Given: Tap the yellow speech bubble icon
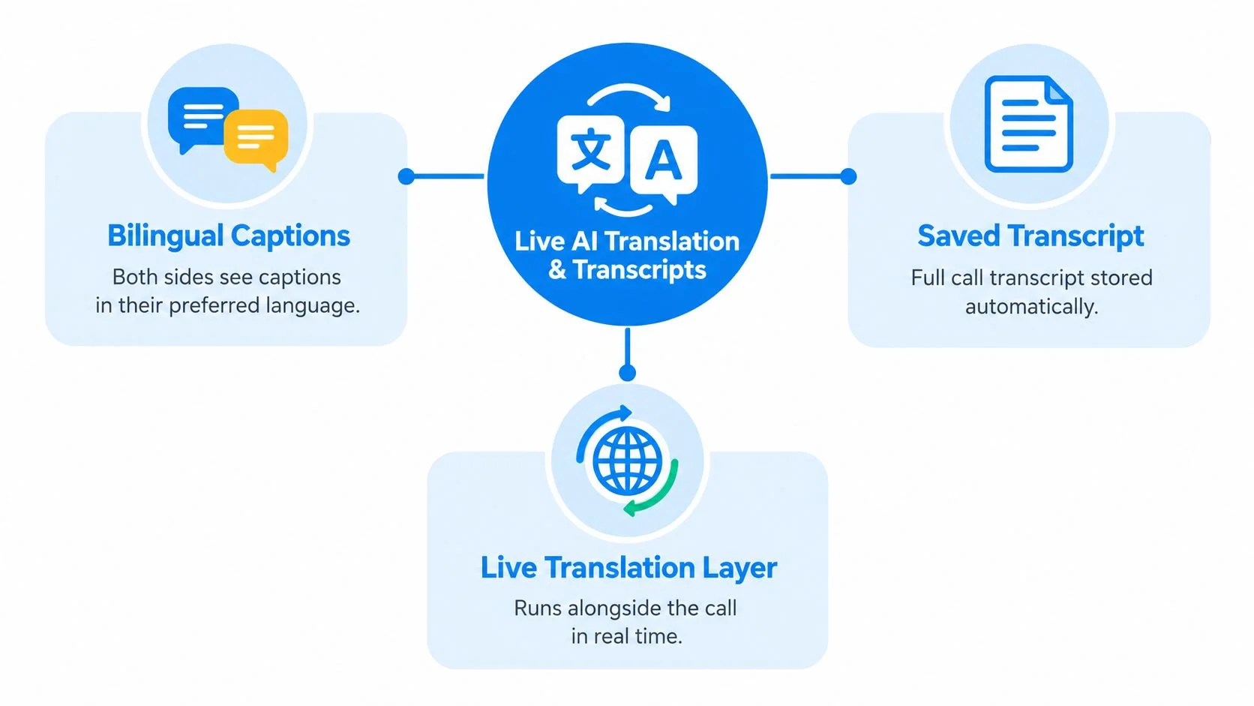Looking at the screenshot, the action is click(256, 138).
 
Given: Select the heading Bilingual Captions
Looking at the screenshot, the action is click(229, 236).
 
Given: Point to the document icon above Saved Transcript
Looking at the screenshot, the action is click(1029, 124).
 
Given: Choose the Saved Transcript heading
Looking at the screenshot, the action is click(1030, 236).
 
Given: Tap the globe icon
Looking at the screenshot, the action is click(627, 461).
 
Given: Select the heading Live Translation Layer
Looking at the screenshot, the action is click(628, 567).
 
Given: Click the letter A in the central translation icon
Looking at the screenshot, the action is click(664, 160).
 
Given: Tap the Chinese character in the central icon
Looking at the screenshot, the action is click(591, 149).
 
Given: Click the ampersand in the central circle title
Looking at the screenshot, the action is click(557, 270).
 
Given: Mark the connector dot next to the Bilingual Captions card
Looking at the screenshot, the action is click(406, 176).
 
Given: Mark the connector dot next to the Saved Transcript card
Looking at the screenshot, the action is click(849, 176).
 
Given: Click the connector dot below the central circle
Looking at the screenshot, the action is click(628, 373).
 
